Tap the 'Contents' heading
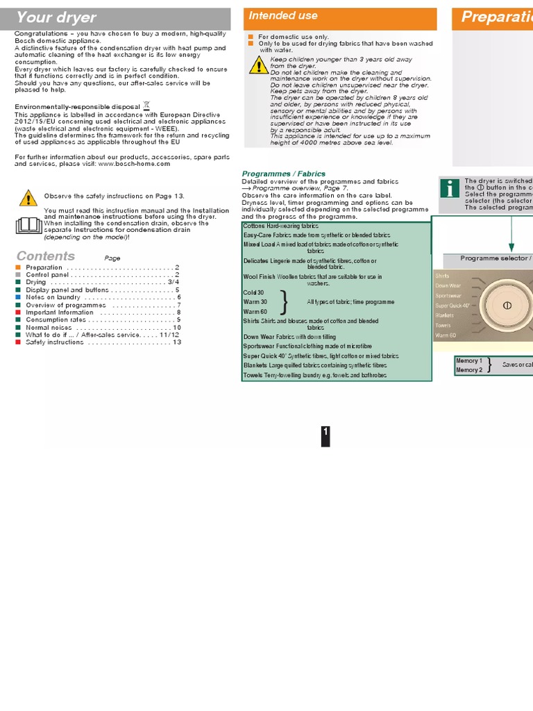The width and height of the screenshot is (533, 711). click(x=46, y=256)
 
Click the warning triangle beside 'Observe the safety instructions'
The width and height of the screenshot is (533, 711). click(x=28, y=198)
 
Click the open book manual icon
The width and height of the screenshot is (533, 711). click(x=28, y=225)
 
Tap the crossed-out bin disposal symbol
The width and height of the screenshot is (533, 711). click(x=146, y=105)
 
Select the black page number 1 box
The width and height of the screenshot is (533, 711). click(x=325, y=435)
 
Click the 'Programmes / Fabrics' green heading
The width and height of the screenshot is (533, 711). click(x=283, y=174)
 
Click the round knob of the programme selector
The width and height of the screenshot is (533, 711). click(x=506, y=306)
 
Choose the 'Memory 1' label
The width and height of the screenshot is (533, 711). click(x=468, y=361)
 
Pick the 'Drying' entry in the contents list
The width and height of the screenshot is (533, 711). click(x=36, y=283)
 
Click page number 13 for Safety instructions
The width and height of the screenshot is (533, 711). click(x=176, y=342)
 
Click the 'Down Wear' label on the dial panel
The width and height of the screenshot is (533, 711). click(x=448, y=286)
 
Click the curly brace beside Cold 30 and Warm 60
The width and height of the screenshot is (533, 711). click(x=284, y=302)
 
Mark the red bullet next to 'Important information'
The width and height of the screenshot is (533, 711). click(x=19, y=312)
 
